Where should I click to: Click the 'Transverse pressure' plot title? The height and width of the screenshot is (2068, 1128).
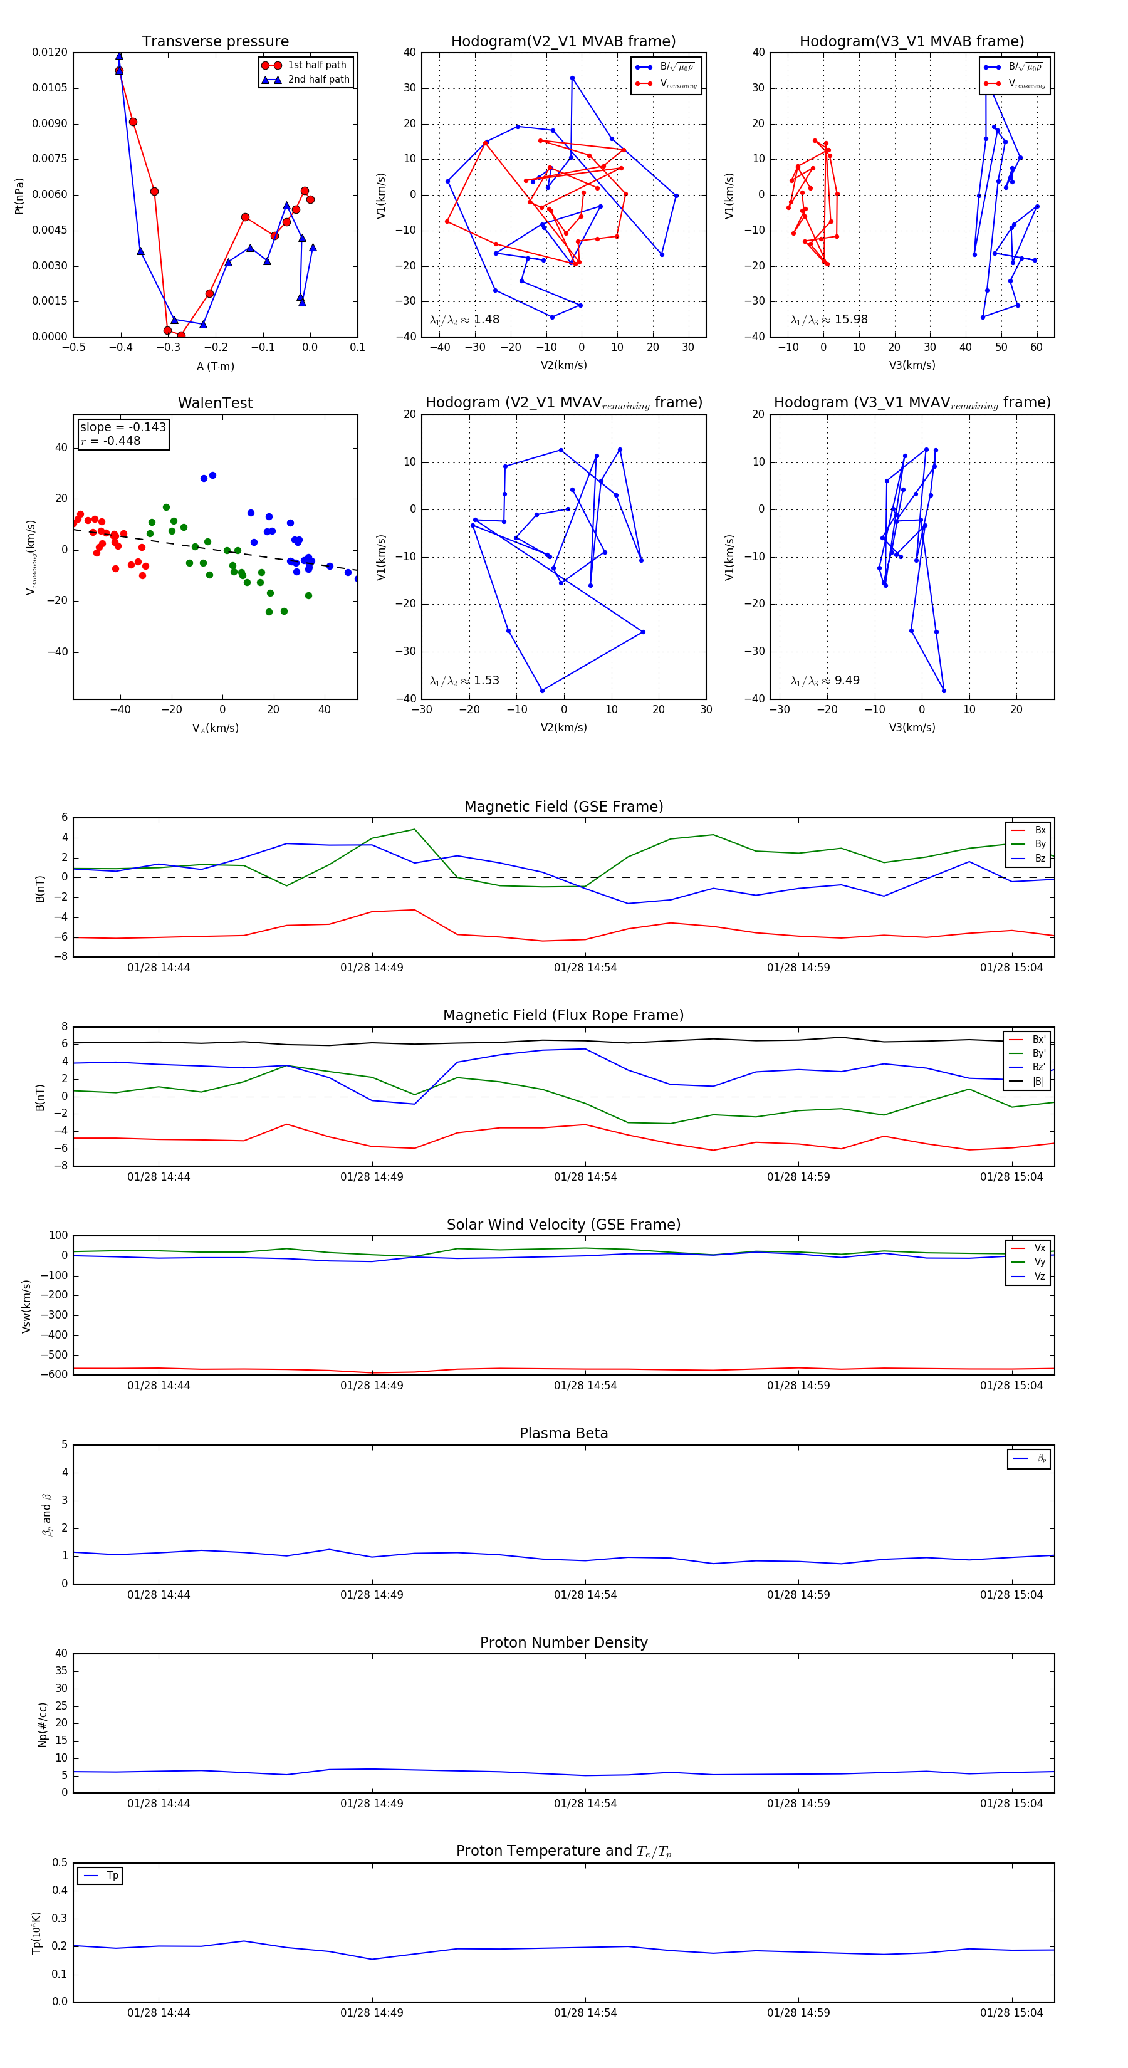click(x=215, y=42)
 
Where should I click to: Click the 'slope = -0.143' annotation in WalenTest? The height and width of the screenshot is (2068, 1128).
click(x=123, y=427)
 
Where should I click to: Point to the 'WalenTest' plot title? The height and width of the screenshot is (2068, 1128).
click(x=215, y=403)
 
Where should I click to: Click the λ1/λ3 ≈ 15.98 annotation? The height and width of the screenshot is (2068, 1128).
click(x=828, y=320)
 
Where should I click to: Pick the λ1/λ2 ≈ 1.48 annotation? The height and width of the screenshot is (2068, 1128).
click(x=464, y=320)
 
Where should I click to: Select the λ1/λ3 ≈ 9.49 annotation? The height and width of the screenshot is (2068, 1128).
click(x=825, y=681)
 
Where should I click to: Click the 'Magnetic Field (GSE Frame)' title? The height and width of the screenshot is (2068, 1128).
click(x=563, y=807)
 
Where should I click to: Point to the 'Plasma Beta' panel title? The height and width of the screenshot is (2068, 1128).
click(x=563, y=1434)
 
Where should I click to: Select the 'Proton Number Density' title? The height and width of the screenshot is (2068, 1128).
click(x=563, y=1642)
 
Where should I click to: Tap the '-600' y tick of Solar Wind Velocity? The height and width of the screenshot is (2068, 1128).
click(x=55, y=1374)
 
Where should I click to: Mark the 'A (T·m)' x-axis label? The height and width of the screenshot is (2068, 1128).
click(x=215, y=367)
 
